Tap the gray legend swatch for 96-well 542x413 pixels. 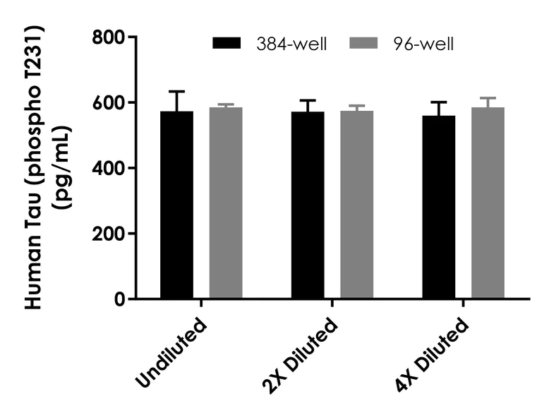pos(366,44)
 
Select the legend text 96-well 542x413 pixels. pos(424,44)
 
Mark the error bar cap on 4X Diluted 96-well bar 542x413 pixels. pos(488,98)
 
